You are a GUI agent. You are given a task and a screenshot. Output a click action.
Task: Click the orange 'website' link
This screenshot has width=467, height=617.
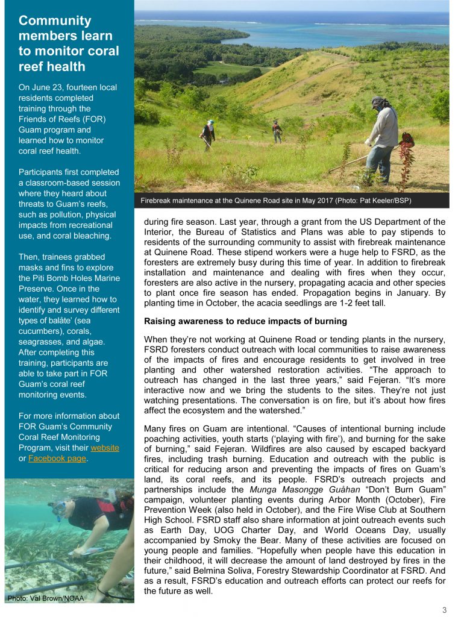tap(105, 448)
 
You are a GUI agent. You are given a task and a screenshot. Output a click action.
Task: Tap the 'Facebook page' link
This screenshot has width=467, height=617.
tap(57, 459)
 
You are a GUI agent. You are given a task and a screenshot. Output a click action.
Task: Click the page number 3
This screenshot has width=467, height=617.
tap(444, 610)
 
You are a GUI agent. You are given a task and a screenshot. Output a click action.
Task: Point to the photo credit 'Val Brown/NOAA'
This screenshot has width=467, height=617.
tap(45, 598)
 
